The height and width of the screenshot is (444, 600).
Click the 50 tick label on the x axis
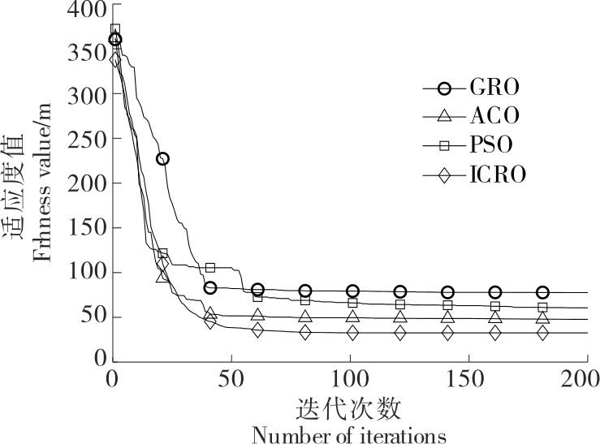click(x=231, y=379)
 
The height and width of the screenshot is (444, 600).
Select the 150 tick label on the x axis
click(x=468, y=379)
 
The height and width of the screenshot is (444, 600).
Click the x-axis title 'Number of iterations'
click(x=349, y=434)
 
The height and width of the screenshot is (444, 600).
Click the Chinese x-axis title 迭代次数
click(x=349, y=406)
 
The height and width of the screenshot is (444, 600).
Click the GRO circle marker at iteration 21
click(x=162, y=159)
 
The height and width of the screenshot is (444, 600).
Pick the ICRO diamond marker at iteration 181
click(x=542, y=333)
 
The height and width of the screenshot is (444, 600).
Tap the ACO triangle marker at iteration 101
click(x=352, y=317)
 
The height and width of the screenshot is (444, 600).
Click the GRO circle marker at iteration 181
click(x=542, y=292)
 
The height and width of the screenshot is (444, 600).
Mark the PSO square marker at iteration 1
click(x=115, y=30)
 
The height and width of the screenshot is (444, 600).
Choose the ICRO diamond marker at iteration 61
click(x=257, y=330)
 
